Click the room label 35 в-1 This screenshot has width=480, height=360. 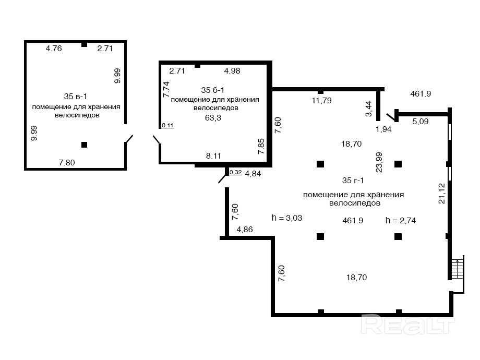[75, 97]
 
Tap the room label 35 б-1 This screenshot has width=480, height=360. [213, 90]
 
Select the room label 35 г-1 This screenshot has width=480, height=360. [353, 181]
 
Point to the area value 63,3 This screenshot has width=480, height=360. [213, 118]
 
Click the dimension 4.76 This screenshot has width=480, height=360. [54, 49]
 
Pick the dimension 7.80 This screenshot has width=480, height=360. [67, 163]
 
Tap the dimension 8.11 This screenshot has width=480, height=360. [213, 156]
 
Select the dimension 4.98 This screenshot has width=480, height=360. [232, 71]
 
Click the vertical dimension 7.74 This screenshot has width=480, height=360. [166, 89]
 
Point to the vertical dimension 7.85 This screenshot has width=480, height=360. [261, 146]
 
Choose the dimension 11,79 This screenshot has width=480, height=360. [321, 100]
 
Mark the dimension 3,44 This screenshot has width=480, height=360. [369, 109]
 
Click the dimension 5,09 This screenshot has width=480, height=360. [421, 122]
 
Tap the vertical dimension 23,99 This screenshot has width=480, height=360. [379, 162]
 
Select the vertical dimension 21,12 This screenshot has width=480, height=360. [442, 194]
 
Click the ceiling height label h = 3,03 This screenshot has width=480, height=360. [287, 218]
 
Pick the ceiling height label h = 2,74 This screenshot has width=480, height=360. [400, 220]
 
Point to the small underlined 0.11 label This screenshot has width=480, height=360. [168, 125]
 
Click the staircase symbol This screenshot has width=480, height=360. [458, 269]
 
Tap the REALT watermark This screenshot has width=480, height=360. [408, 325]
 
